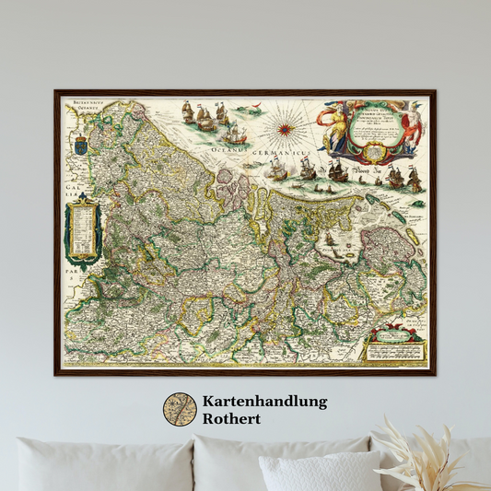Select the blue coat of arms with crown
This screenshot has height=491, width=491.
(x=79, y=143)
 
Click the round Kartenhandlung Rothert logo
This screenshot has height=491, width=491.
(x=180, y=410)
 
